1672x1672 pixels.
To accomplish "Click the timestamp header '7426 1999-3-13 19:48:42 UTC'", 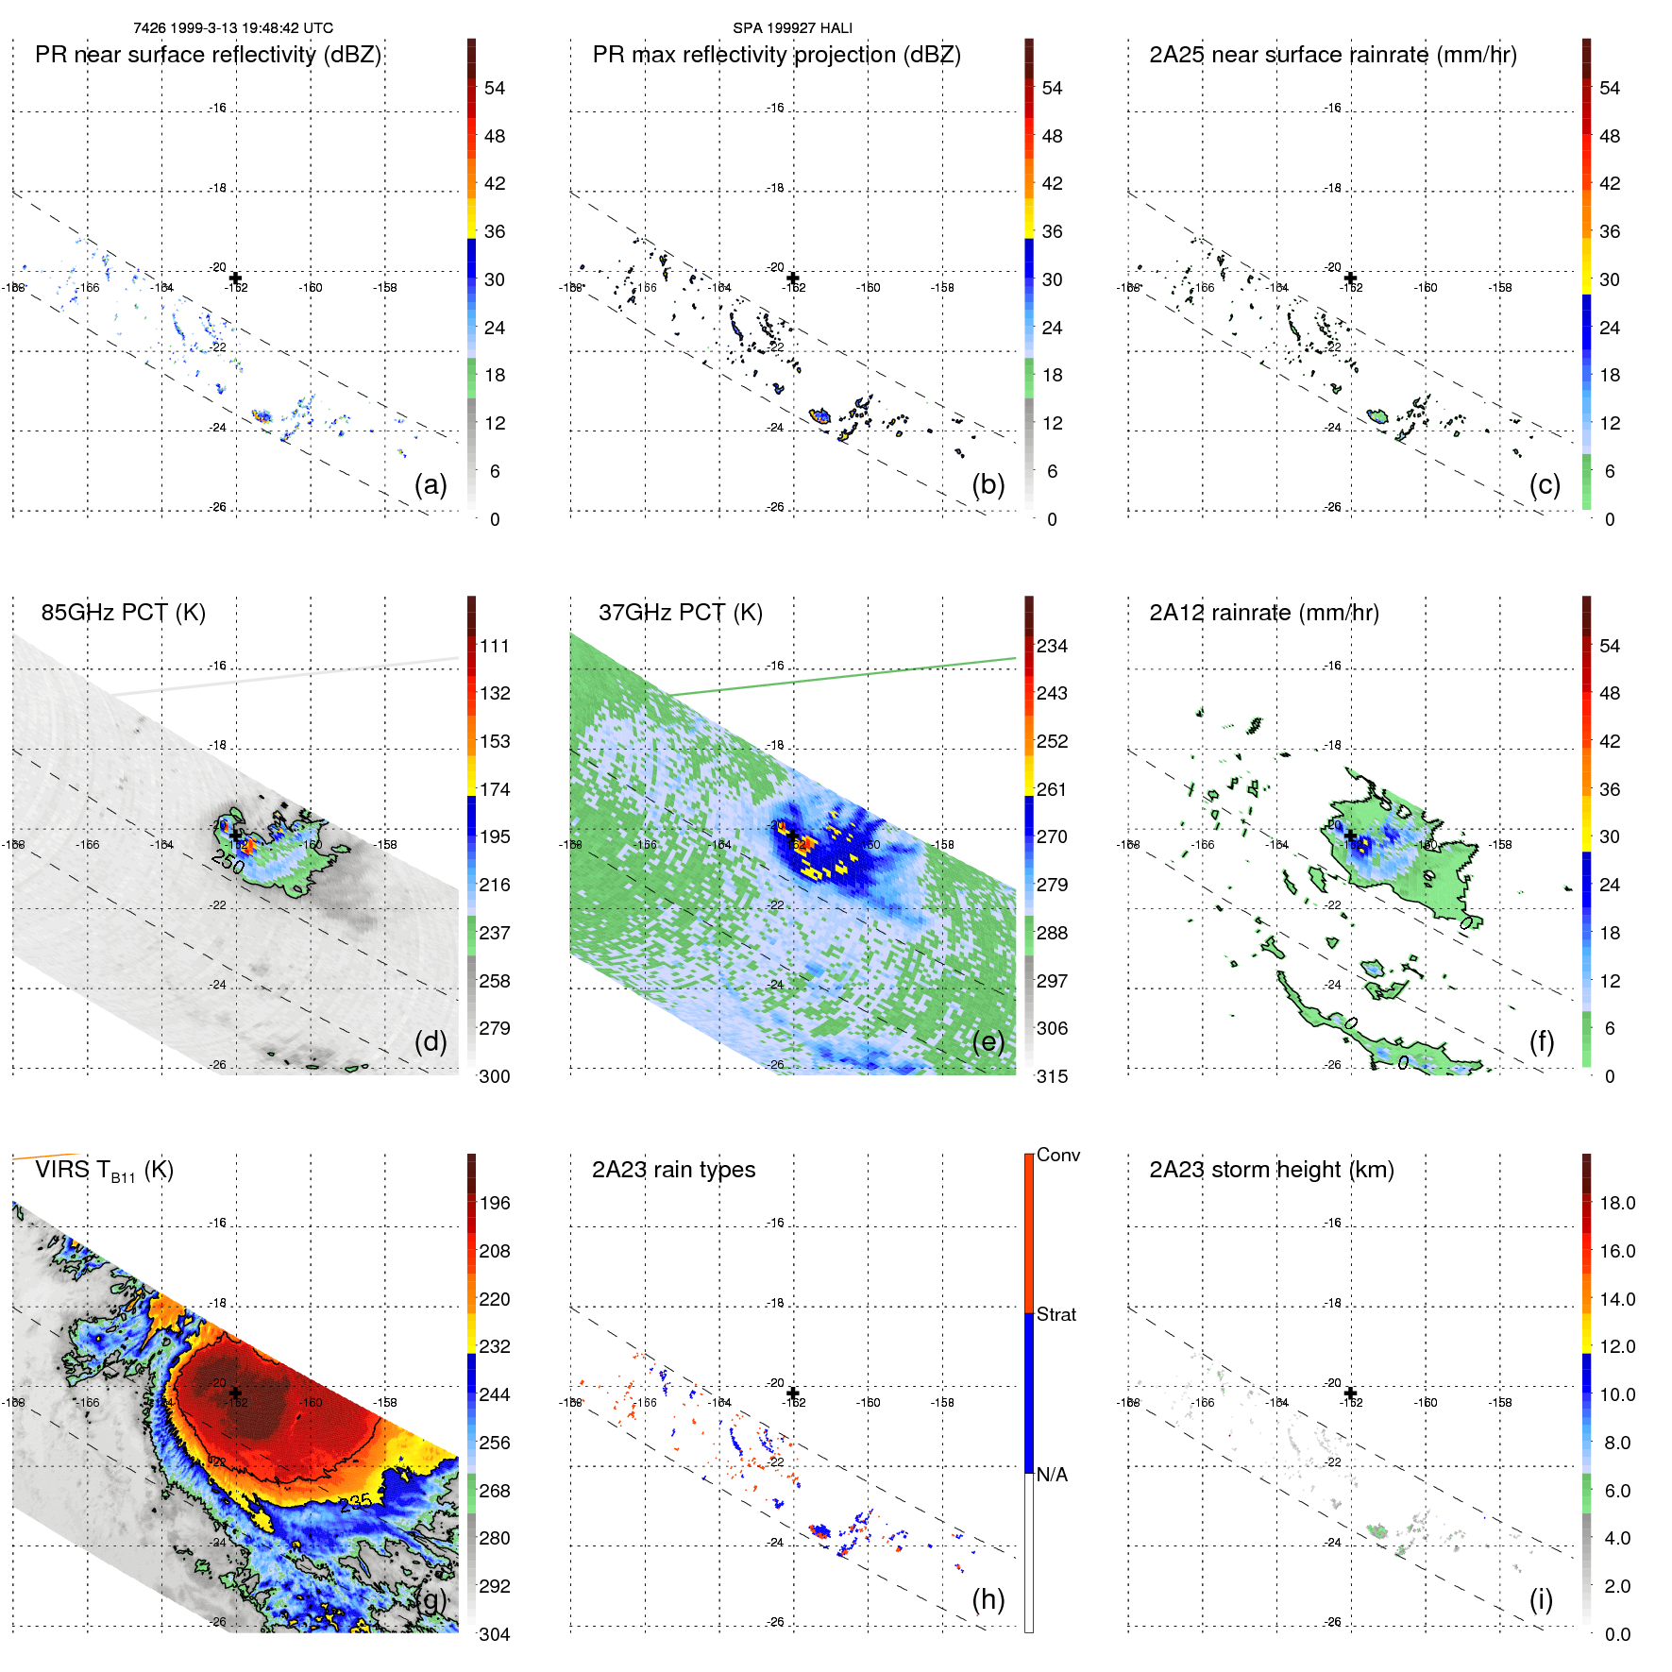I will (x=233, y=28).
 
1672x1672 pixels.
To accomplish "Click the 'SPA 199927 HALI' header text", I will (x=792, y=28).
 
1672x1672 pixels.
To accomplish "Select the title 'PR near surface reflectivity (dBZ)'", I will (x=208, y=55).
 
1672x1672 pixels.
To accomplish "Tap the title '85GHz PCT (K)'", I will (x=123, y=613).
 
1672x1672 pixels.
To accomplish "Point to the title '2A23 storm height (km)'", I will (x=1271, y=1170).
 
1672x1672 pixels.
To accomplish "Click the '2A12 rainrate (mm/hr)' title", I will (x=1263, y=613).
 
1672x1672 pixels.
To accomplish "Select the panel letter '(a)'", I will (x=431, y=484).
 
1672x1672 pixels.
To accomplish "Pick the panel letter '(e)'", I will (x=988, y=1041).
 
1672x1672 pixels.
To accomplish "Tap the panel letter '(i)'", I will (x=1541, y=1599).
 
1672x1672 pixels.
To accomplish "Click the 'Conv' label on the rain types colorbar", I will (x=1057, y=1155).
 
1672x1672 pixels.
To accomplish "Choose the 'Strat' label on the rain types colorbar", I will (x=1056, y=1314).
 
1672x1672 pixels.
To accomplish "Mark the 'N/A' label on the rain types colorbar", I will (x=1052, y=1475).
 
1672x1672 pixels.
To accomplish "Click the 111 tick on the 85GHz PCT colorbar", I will (x=495, y=646).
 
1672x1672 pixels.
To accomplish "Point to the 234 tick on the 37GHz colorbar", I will (x=1052, y=646).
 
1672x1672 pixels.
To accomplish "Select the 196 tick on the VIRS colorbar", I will (x=495, y=1203).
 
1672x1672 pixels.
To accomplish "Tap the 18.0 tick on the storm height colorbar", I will (x=1616, y=1203).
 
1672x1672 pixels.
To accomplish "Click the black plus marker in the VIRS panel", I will (x=235, y=1393).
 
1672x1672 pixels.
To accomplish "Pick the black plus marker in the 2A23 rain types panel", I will (x=793, y=1393).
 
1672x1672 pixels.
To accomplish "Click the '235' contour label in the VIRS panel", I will (x=355, y=1502).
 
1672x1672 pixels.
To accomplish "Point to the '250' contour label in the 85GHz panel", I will (x=228, y=861).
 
